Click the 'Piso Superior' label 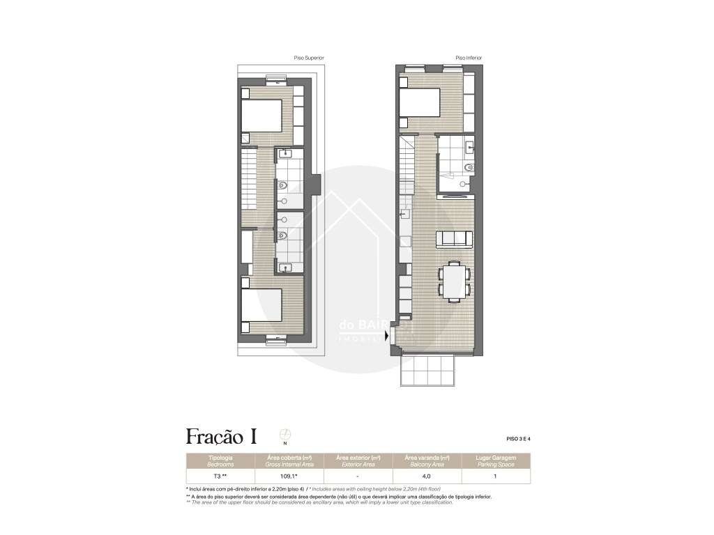310,58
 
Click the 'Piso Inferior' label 469,58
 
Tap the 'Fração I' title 221,437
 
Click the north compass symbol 284,435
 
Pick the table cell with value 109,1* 289,476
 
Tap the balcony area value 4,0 426,476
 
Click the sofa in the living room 454,239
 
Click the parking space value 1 494,476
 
